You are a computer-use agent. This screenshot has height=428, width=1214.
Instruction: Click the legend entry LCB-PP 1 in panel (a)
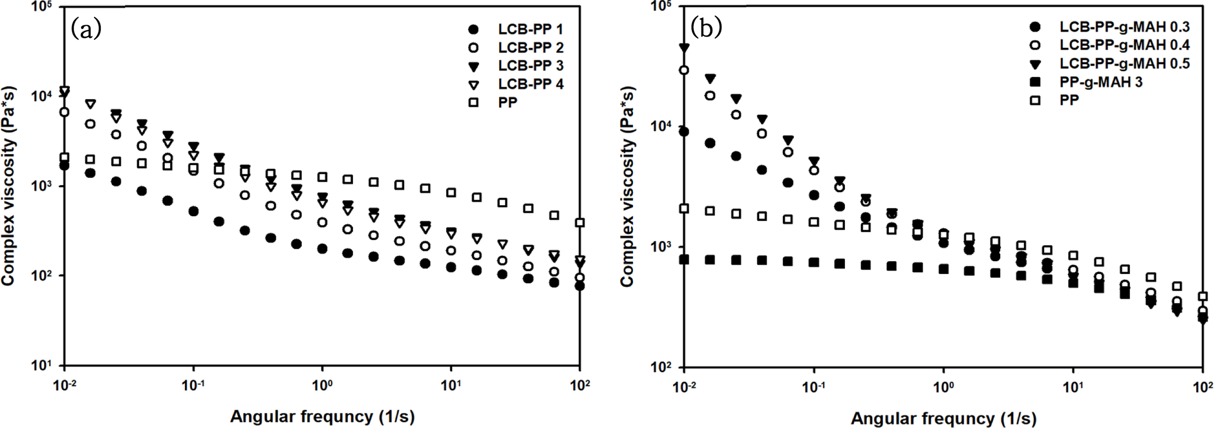tap(530, 29)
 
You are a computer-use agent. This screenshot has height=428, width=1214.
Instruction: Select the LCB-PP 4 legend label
tap(530, 84)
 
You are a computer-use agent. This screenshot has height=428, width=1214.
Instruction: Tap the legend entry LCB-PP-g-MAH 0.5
tap(1124, 64)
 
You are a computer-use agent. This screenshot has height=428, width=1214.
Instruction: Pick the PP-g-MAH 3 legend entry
tap(1101, 82)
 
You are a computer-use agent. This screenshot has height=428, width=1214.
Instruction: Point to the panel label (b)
tap(706, 28)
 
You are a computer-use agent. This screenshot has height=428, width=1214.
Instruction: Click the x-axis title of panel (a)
tap(322, 417)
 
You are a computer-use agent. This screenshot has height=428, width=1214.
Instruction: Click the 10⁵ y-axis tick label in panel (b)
tap(661, 7)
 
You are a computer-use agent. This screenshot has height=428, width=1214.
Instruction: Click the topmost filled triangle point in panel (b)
tap(684, 47)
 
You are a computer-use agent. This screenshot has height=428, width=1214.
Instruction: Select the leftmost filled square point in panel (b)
tap(684, 259)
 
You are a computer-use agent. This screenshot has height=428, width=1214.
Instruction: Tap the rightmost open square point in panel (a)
tap(580, 223)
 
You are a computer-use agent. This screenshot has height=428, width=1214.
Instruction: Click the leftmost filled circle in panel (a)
tap(65, 166)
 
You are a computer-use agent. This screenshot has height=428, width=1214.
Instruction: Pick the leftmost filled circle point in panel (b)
tap(684, 131)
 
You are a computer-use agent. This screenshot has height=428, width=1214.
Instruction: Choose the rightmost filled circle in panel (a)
tap(580, 286)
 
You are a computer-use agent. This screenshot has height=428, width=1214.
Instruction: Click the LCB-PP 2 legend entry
tap(530, 48)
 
